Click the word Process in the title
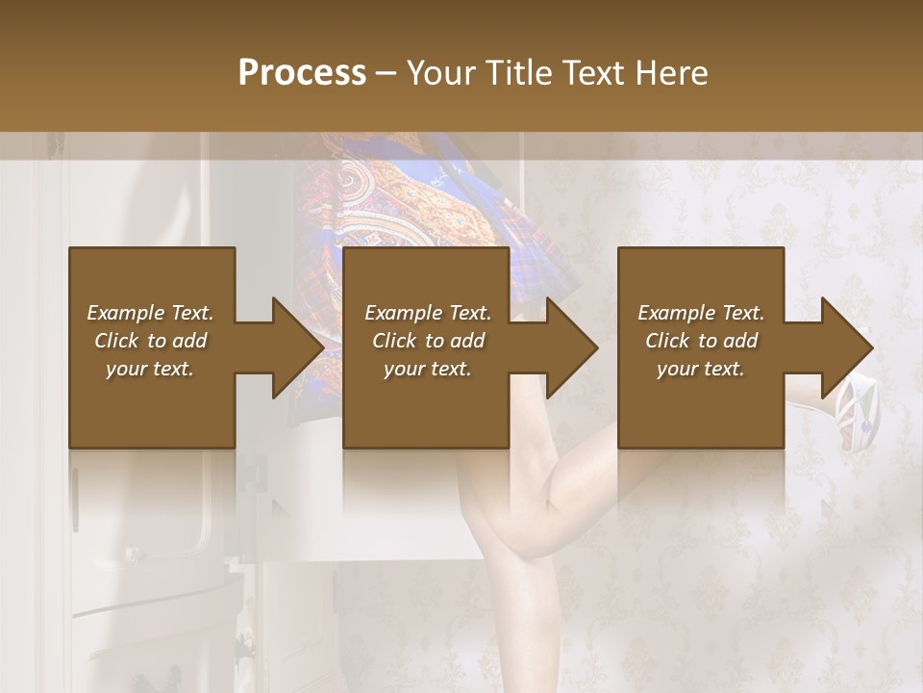[302, 73]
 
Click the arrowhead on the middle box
[571, 347]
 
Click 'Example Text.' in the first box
[150, 313]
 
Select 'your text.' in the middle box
[427, 369]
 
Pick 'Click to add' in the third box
[701, 341]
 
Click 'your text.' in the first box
[150, 369]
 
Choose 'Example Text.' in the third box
[701, 313]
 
